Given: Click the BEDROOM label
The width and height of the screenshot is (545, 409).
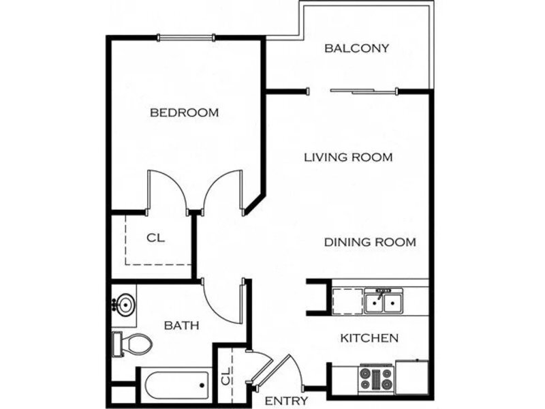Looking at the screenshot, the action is pyautogui.click(x=184, y=112).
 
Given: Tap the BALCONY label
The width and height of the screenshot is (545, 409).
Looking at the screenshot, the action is pyautogui.click(x=356, y=48).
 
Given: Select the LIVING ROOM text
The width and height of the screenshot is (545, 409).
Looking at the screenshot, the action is pyautogui.click(x=348, y=157).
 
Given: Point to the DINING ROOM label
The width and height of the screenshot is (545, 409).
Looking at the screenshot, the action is pyautogui.click(x=370, y=242).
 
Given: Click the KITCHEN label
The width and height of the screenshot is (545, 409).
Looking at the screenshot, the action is pyautogui.click(x=369, y=338).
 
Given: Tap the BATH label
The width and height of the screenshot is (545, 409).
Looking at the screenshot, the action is pyautogui.click(x=181, y=326).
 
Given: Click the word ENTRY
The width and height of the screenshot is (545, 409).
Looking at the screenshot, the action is pyautogui.click(x=286, y=401).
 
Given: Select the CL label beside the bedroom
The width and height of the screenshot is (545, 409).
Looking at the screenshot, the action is pyautogui.click(x=155, y=238).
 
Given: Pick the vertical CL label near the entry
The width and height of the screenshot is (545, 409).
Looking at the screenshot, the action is pyautogui.click(x=226, y=376).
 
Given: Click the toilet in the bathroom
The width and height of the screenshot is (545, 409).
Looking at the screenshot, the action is pyautogui.click(x=132, y=344).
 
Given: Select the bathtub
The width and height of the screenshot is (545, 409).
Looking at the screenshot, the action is pyautogui.click(x=176, y=385).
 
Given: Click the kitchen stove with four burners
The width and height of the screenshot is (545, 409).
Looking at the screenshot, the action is pyautogui.click(x=377, y=379).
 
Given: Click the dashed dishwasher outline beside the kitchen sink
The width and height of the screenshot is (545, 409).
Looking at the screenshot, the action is pyautogui.click(x=347, y=301).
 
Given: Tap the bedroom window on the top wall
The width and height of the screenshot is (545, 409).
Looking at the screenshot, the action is pyautogui.click(x=186, y=37).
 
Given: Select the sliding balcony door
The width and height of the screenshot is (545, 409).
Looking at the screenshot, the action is pyautogui.click(x=363, y=91).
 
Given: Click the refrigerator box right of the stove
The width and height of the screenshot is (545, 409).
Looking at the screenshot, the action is pyautogui.click(x=412, y=377).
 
